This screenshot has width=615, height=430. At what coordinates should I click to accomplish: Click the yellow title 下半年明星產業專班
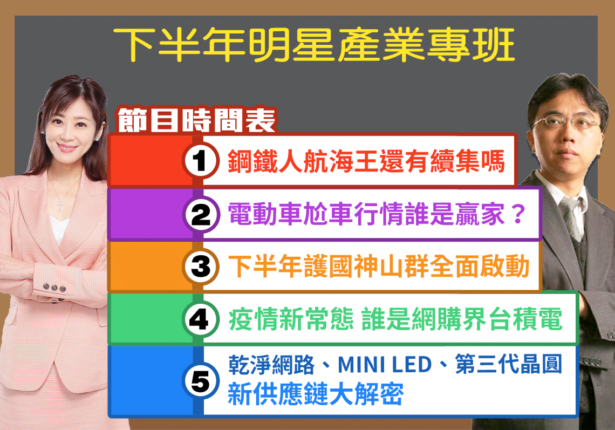314,44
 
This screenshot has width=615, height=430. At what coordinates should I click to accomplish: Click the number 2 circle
201,214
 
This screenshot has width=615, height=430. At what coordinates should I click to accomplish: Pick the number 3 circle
201,267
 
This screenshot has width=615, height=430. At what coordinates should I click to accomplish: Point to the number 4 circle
201,319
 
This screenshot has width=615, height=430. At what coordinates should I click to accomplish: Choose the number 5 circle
201,380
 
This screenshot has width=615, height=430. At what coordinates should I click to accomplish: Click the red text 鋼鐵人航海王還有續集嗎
366,161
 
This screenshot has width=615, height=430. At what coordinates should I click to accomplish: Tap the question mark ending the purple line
518,214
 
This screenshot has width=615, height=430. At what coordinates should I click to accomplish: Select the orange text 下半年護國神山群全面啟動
379,267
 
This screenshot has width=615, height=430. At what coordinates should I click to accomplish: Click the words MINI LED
384,365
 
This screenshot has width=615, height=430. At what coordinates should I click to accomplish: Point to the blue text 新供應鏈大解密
316,393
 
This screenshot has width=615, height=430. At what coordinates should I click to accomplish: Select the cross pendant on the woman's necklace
60,206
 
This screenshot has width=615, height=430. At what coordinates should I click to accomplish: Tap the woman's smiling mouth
67,148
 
